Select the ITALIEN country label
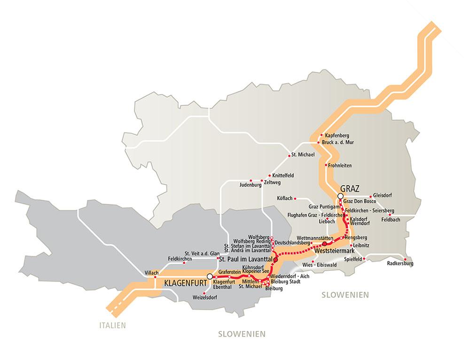click(x=113, y=325)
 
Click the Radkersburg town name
click(x=400, y=264)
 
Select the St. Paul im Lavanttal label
click(x=245, y=259)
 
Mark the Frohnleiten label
click(x=341, y=165)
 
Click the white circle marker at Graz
click(x=341, y=196)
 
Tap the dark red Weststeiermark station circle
click(x=324, y=244)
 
